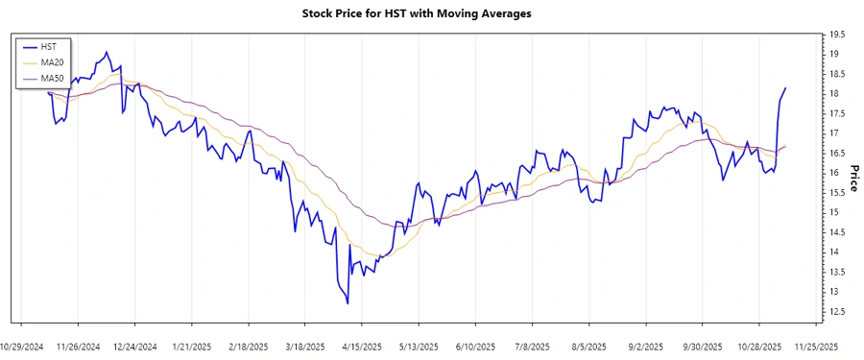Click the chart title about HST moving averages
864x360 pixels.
point(418,14)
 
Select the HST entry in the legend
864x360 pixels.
point(48,45)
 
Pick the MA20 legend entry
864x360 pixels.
point(52,61)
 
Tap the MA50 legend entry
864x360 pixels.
point(52,78)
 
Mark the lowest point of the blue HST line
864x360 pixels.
point(348,303)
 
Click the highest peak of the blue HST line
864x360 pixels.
point(107,52)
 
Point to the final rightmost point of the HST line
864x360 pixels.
point(785,88)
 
